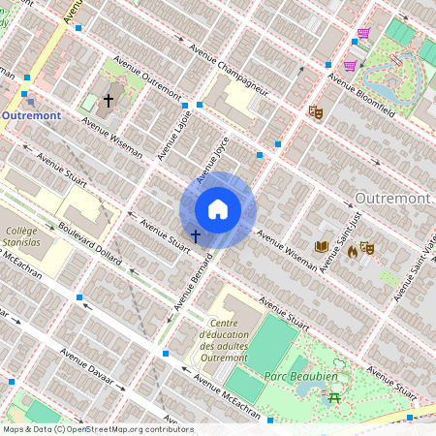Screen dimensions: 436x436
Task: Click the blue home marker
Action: tap(218, 209)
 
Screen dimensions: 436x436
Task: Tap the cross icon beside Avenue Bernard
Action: tap(196, 235)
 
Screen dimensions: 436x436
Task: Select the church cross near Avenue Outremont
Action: tap(109, 100)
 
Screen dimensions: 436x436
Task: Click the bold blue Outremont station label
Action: tap(31, 115)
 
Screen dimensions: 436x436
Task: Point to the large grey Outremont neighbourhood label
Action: tap(392, 198)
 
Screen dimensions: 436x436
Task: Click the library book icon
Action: tap(323, 247)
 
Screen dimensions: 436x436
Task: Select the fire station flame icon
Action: tap(352, 251)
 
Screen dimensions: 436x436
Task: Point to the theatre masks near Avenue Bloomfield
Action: tap(315, 111)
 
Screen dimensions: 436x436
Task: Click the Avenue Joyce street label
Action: tap(212, 161)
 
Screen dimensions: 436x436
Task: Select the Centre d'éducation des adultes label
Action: tap(224, 340)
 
